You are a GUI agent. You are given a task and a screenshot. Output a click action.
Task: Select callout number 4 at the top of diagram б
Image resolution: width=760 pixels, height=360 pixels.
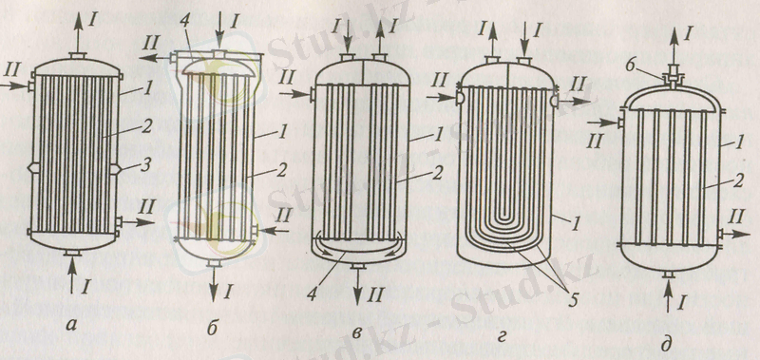point(183,37)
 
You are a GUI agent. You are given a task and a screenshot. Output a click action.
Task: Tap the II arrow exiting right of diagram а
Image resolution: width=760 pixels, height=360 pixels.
point(138,222)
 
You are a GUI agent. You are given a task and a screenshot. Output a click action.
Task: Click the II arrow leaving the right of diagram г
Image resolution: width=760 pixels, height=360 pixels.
point(574,101)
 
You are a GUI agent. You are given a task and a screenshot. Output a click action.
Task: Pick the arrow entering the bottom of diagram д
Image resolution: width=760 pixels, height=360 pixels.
point(669,295)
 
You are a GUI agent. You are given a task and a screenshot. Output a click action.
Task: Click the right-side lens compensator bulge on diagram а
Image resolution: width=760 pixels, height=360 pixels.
point(116,168)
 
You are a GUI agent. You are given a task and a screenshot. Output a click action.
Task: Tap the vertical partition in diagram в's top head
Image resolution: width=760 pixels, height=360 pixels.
point(363,72)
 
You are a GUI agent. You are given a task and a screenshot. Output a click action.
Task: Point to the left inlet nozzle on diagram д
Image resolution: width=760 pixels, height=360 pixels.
point(620,123)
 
